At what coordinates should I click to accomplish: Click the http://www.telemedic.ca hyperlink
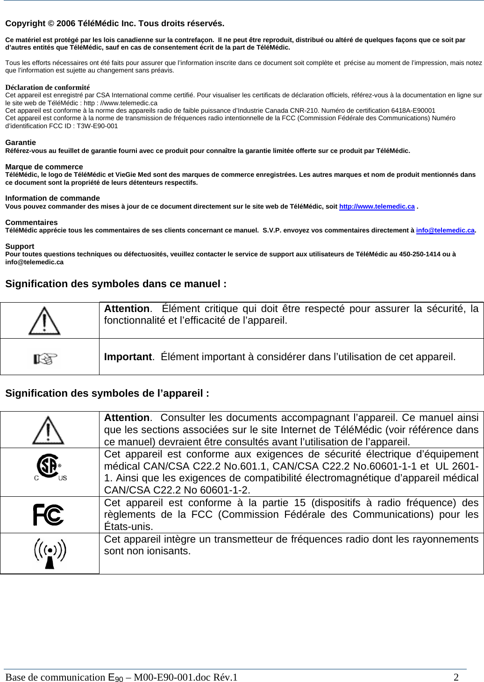(x=377, y=206)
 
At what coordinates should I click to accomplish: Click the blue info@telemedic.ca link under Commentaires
(x=445, y=230)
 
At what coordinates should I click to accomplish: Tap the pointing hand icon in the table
(x=45, y=359)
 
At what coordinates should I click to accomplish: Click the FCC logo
(x=49, y=515)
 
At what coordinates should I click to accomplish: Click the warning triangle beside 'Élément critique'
(x=44, y=321)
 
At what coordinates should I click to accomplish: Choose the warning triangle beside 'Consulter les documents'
(x=48, y=430)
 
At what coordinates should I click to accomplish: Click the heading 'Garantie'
(x=21, y=142)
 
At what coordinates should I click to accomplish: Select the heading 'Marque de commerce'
(x=44, y=167)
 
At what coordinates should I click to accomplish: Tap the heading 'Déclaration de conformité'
(x=47, y=87)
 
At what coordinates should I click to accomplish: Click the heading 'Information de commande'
(x=52, y=198)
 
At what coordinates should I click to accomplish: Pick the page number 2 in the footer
(x=456, y=677)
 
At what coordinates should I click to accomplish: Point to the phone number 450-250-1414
(x=420, y=254)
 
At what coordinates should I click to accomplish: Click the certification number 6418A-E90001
(x=413, y=110)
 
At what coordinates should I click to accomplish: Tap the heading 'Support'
(x=20, y=246)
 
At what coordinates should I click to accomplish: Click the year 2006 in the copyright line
(x=65, y=23)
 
